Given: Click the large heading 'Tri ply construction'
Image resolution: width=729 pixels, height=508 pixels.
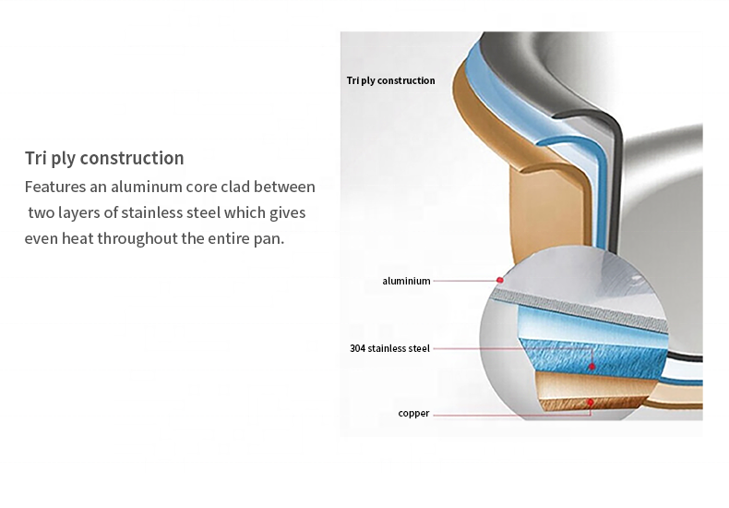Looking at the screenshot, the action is pyautogui.click(x=104, y=158).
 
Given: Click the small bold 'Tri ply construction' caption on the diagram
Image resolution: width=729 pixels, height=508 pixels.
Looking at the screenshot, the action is pyautogui.click(x=390, y=80).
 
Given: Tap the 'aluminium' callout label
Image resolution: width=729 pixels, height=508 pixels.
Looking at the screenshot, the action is pyautogui.click(x=406, y=281).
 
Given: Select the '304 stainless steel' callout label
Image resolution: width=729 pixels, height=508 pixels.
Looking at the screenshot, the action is pyautogui.click(x=389, y=348).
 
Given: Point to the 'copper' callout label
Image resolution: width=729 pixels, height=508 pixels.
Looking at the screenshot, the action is pyautogui.click(x=413, y=413).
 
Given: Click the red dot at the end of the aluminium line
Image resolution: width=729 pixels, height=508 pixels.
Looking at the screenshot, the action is pyautogui.click(x=500, y=280).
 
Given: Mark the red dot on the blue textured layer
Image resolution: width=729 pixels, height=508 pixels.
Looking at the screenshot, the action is pyautogui.click(x=592, y=367).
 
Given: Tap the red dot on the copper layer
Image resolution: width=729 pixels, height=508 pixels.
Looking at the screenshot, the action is pyautogui.click(x=590, y=402).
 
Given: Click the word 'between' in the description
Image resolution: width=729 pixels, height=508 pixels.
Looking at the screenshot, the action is pyautogui.click(x=284, y=187).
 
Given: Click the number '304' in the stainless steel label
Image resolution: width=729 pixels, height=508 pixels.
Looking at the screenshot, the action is pyautogui.click(x=357, y=348).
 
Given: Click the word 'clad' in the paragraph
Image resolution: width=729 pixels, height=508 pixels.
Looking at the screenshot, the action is pyautogui.click(x=235, y=187).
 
